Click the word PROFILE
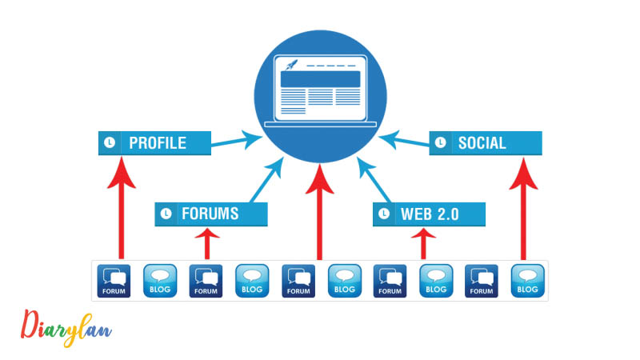[158, 143]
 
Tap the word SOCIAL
[482, 143]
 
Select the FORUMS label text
[210, 214]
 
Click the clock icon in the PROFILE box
[109, 143]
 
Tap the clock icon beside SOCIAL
[440, 143]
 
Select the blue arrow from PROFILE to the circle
[236, 141]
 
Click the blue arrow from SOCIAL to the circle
[404, 141]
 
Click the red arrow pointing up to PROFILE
[121, 208]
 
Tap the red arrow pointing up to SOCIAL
[523, 208]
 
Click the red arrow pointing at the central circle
[320, 212]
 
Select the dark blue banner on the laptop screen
[320, 79]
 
